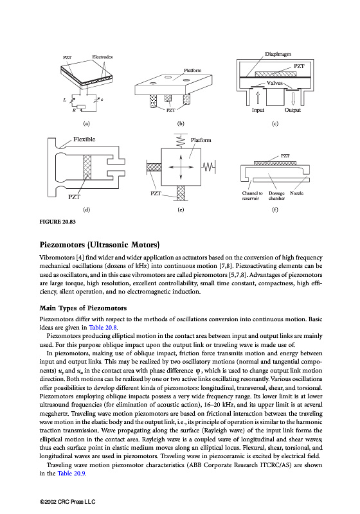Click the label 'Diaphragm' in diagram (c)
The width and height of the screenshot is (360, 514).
click(278, 54)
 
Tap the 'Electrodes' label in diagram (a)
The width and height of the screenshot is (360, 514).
click(102, 57)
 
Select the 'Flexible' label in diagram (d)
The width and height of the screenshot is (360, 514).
click(84, 139)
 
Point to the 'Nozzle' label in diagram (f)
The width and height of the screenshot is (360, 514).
click(296, 193)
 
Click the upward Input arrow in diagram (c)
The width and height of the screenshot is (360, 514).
click(257, 98)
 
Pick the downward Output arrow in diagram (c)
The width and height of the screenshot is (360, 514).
click(293, 98)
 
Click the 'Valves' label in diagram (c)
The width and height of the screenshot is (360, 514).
click(274, 83)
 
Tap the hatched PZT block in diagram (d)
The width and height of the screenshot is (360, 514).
click(87, 167)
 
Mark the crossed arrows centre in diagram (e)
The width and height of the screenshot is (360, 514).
click(181, 167)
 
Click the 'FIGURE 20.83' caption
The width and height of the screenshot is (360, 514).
click(57, 222)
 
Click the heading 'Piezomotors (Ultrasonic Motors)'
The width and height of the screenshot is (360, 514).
click(100, 245)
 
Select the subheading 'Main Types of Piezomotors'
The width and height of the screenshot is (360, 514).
click(83, 308)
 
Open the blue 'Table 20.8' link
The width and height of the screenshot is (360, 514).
click(103, 328)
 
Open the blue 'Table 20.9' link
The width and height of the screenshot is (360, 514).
click(71, 474)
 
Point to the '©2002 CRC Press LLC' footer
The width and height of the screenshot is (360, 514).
click(67, 502)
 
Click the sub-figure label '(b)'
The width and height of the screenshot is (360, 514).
click(181, 123)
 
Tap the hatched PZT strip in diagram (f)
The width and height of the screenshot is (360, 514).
click(275, 163)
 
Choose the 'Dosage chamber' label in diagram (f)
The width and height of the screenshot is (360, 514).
click(276, 196)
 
